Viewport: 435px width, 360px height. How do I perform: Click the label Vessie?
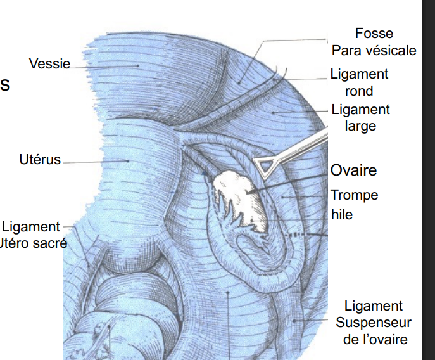pos(49,64)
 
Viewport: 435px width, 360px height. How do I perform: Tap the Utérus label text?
pos(40,159)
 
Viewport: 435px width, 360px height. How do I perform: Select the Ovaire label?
pos(353,170)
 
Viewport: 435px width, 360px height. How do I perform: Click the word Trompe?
pos(354,195)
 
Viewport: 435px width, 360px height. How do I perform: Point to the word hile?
pos(342,215)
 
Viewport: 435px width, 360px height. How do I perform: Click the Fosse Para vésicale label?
pos(374,42)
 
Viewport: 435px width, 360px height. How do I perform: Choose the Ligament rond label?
pos(359,82)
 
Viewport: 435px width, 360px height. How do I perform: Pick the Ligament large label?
pos(360,117)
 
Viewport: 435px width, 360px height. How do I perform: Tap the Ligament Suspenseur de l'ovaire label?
pos(374,323)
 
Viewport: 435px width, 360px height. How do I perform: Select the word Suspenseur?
pos(374,323)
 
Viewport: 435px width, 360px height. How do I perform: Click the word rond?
pos(359,91)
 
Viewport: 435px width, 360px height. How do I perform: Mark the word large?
pos(360,125)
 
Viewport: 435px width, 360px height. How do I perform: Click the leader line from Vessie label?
pos(101,65)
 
